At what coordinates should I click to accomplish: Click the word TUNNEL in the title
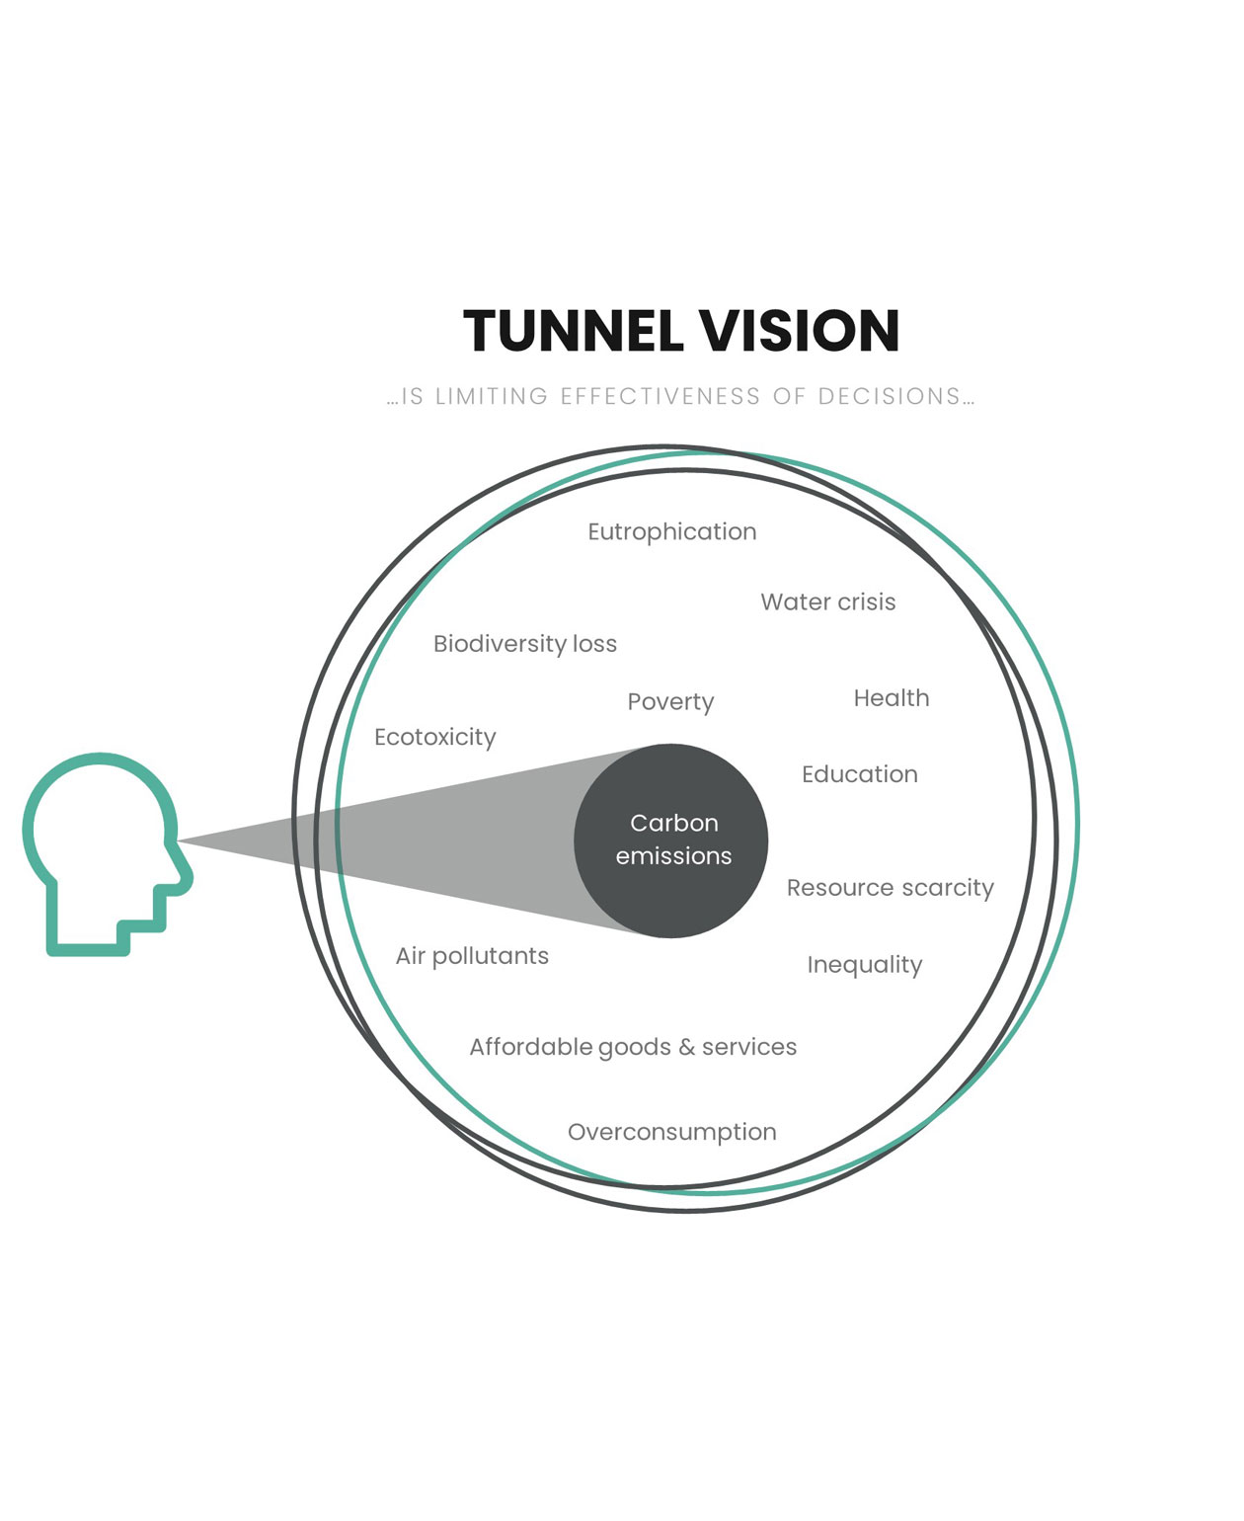[573, 330]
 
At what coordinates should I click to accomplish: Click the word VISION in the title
[800, 330]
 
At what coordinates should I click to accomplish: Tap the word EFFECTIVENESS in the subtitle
[660, 396]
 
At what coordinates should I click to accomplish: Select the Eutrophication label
[672, 532]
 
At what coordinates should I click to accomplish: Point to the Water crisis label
[828, 601]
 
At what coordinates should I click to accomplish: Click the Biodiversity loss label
[525, 643]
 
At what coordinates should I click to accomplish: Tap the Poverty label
[670, 701]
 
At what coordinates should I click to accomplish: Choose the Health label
[892, 697]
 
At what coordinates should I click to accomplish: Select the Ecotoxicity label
[434, 737]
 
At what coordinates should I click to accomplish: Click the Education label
[860, 774]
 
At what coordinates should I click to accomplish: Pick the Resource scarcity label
[890, 888]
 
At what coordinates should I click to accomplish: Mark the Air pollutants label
[472, 956]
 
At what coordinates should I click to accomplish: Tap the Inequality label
[865, 965]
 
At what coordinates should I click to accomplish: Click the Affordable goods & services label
[633, 1047]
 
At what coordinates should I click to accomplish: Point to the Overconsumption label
[672, 1132]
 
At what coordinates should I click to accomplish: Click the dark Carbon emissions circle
[670, 841]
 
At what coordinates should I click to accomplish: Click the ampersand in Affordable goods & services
[686, 1047]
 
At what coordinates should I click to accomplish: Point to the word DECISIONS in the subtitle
[890, 396]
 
